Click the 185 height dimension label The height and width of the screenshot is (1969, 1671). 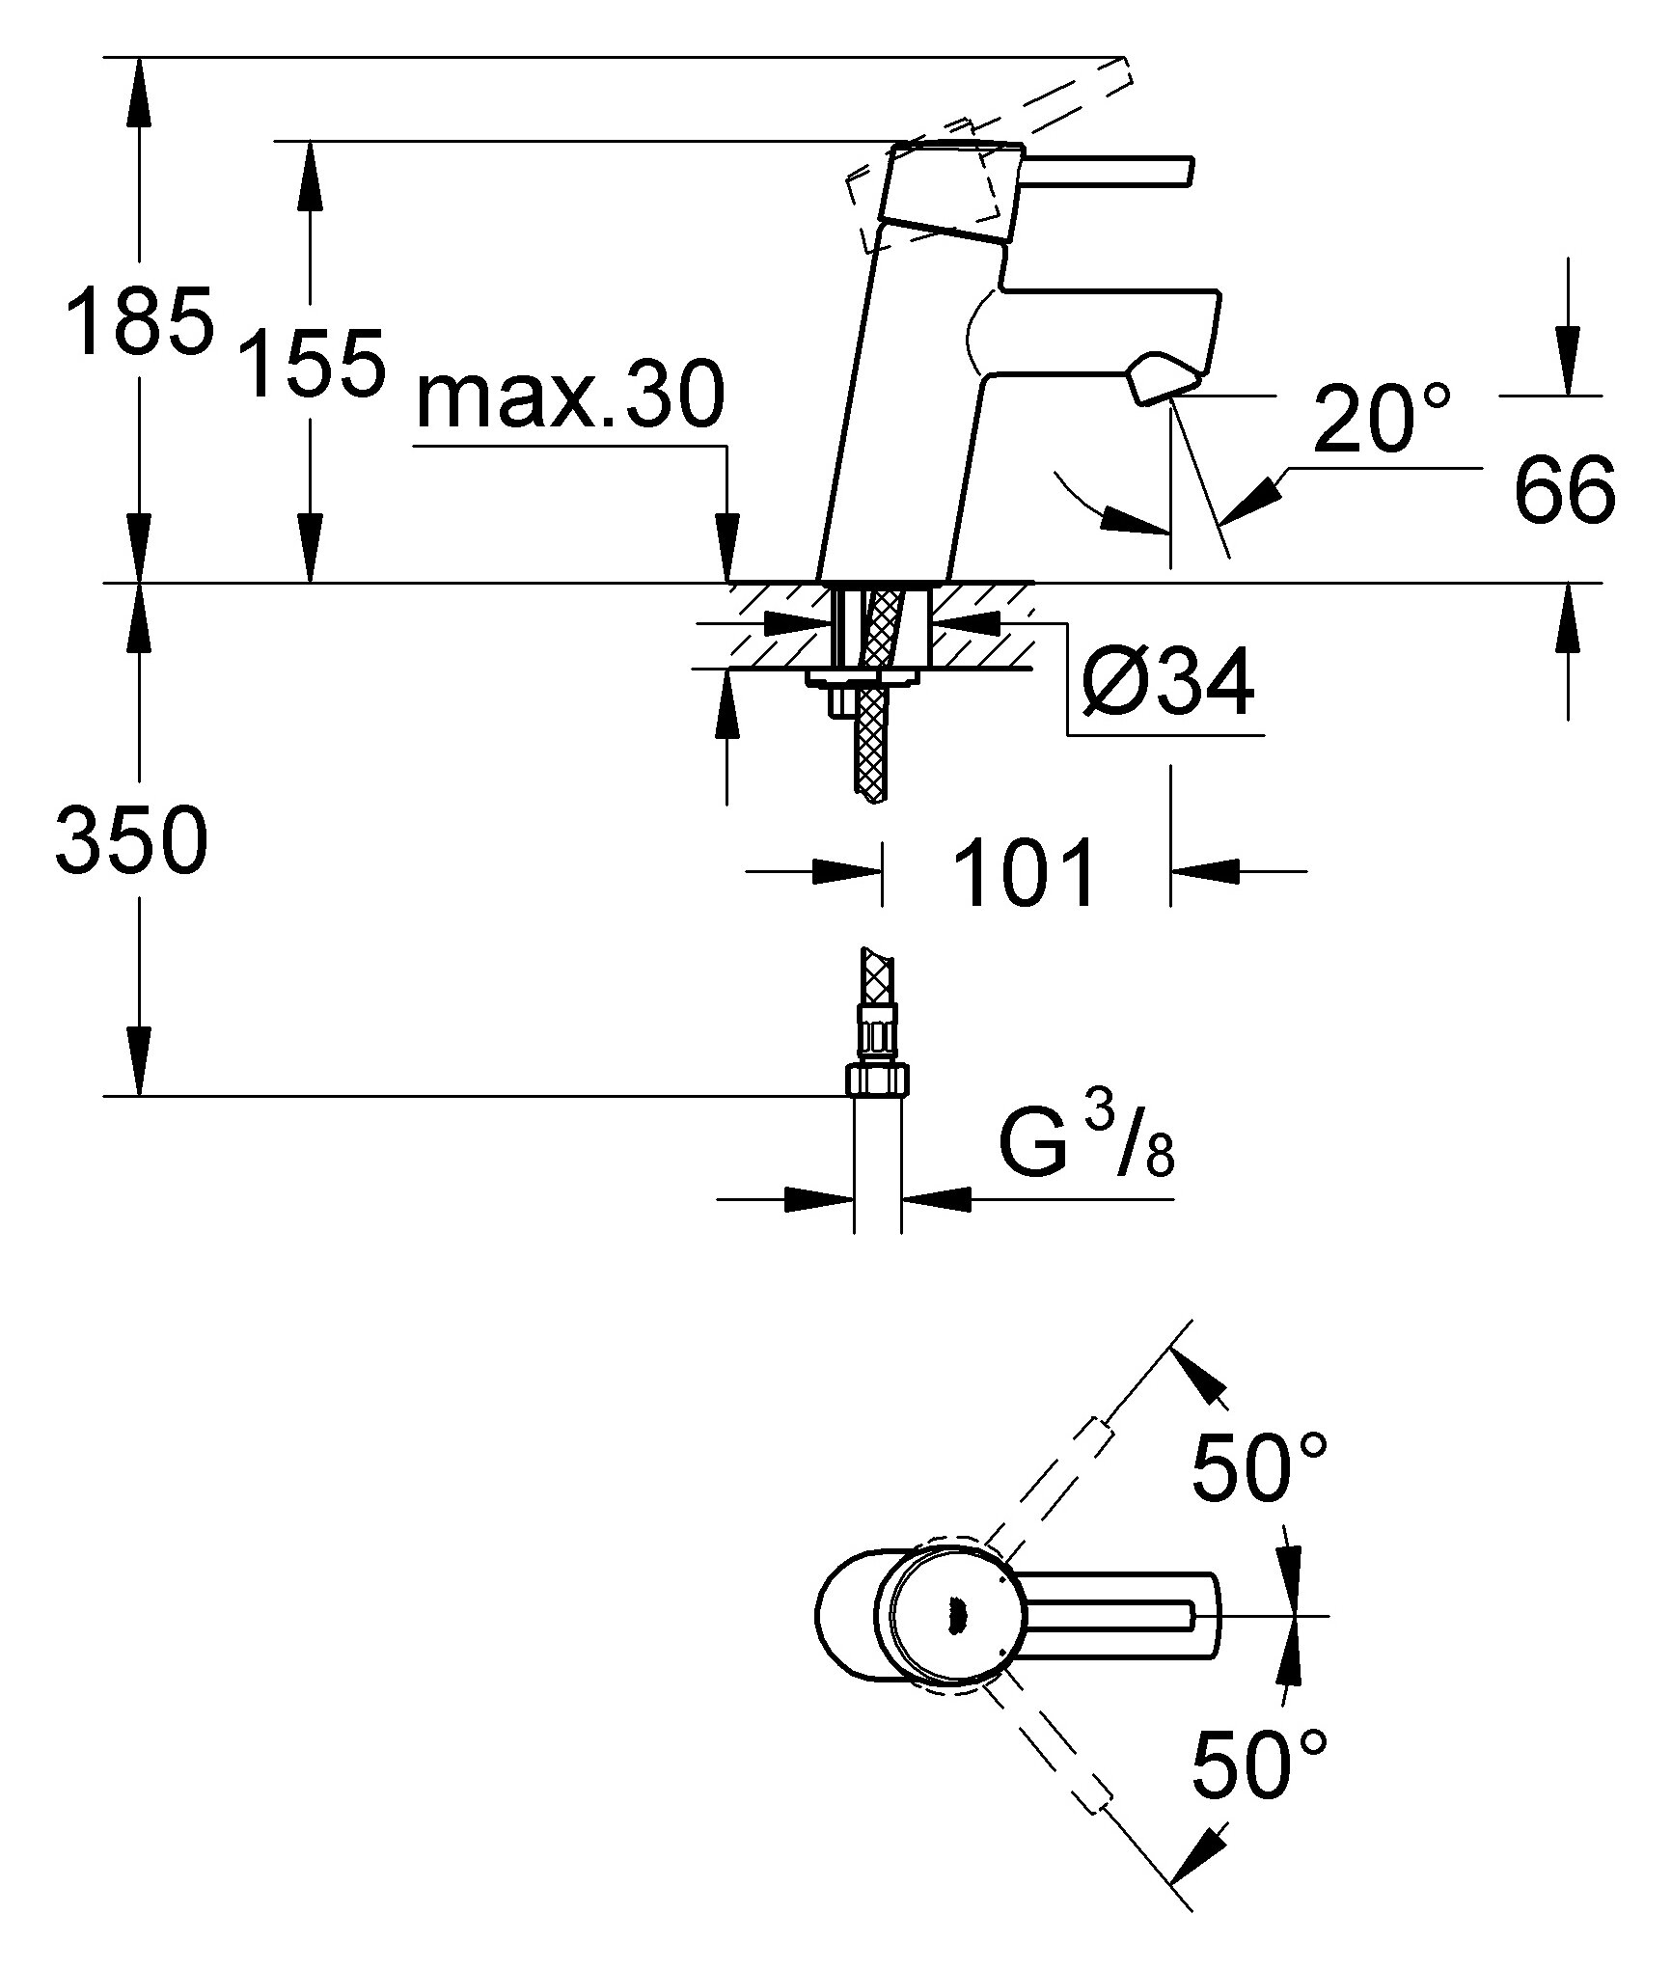139,319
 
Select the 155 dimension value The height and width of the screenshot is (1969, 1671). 311,363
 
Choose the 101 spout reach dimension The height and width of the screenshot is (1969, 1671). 1025,871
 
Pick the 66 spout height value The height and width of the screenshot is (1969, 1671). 1564,489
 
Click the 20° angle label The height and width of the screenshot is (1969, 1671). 1382,418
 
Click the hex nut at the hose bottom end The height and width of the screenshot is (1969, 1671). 877,1080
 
